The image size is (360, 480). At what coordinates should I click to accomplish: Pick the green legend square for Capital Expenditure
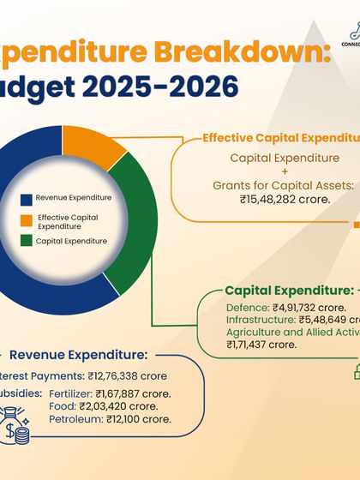coord(27,242)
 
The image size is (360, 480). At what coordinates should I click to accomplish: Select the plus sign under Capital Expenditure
coord(279,171)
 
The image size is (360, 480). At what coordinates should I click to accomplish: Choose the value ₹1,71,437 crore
coord(261,344)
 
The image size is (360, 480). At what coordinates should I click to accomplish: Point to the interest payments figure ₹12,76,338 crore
coord(126,375)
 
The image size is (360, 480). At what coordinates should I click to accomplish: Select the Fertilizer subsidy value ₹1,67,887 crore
coord(133,394)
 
